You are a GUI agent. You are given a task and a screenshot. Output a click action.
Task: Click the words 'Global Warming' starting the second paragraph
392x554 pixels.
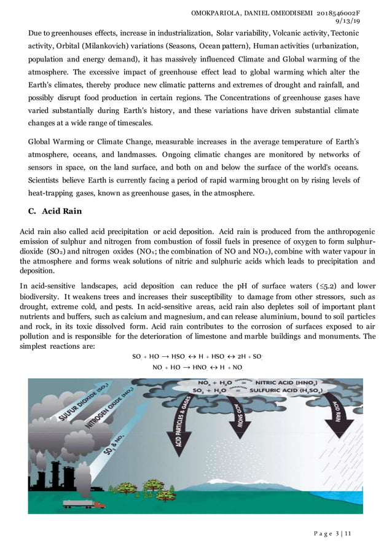pos(54,142)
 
